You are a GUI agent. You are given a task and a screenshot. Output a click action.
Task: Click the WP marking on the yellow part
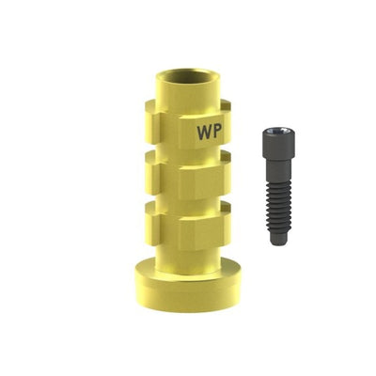pos(210,133)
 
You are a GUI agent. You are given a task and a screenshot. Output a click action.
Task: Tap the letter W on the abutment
pos(205,133)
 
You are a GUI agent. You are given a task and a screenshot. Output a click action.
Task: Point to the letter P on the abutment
pos(218,133)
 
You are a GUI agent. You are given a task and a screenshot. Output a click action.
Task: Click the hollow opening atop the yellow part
pos(188,77)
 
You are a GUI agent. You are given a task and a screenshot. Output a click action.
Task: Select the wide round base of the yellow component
pos(187,288)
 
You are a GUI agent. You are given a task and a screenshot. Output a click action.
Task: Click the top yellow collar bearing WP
pos(188,124)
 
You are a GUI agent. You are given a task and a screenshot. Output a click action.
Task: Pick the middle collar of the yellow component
pos(188,174)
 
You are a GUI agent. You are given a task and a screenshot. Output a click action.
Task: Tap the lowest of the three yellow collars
pos(188,225)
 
